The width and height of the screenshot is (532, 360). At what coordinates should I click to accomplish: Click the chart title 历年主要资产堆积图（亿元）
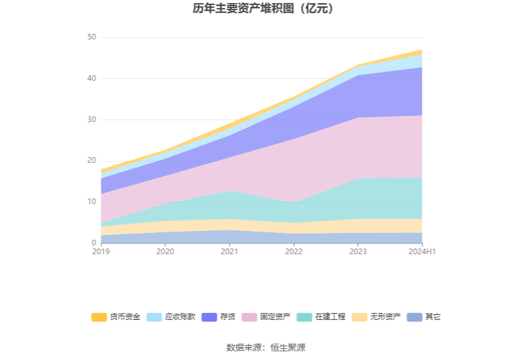266,9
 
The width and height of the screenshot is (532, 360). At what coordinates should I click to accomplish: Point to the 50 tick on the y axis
91,38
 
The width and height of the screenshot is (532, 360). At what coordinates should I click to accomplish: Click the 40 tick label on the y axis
91,78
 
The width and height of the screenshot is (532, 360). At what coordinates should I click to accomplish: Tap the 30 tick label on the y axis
91,120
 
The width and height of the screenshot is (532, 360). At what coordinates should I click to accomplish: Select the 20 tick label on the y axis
91,161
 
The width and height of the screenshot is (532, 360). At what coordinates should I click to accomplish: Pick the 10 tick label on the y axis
91,202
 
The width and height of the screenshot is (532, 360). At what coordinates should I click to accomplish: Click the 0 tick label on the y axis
94,243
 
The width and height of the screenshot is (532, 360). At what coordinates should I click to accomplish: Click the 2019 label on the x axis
101,252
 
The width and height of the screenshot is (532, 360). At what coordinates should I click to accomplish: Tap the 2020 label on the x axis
165,252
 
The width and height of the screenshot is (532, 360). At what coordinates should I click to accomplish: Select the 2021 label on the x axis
229,252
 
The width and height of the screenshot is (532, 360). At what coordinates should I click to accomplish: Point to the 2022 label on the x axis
294,252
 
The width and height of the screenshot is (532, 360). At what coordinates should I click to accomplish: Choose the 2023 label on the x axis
358,252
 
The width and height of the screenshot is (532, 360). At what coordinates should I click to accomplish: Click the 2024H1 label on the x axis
422,252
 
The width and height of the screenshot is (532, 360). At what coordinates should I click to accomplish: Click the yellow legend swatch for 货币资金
99,317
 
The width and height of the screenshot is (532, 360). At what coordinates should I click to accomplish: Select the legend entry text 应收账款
180,317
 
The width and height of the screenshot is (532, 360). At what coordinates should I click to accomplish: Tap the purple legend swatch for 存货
209,317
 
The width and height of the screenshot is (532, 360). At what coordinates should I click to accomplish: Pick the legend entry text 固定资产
275,317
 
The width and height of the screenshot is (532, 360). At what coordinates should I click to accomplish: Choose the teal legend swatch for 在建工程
304,317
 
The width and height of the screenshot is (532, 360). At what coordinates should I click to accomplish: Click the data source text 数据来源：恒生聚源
266,347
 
